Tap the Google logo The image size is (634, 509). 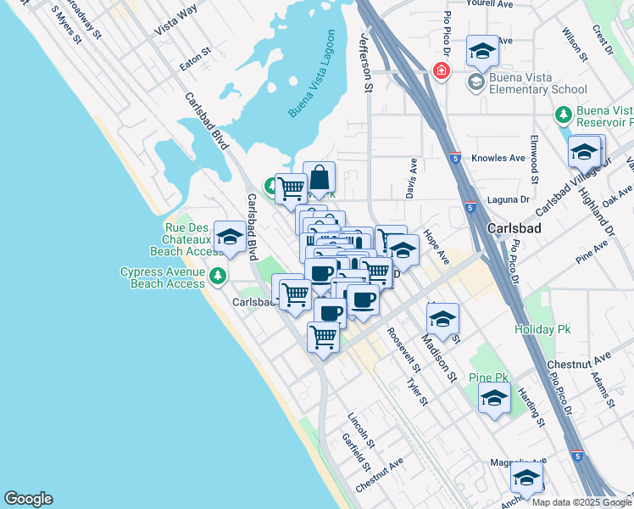(x=28, y=499)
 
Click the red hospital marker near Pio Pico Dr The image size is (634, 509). (x=441, y=70)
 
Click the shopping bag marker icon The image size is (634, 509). (x=320, y=179)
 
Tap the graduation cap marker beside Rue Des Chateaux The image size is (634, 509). (x=230, y=238)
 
